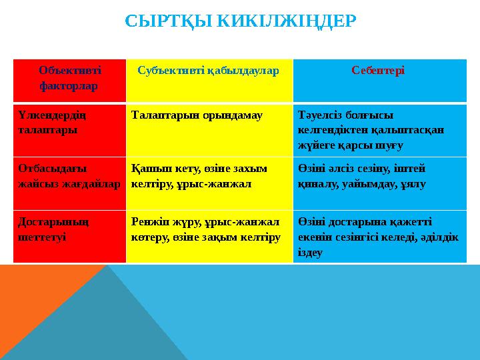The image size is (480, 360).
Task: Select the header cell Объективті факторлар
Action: click(69, 78)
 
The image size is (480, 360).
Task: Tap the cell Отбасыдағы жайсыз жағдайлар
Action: click(69, 176)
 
